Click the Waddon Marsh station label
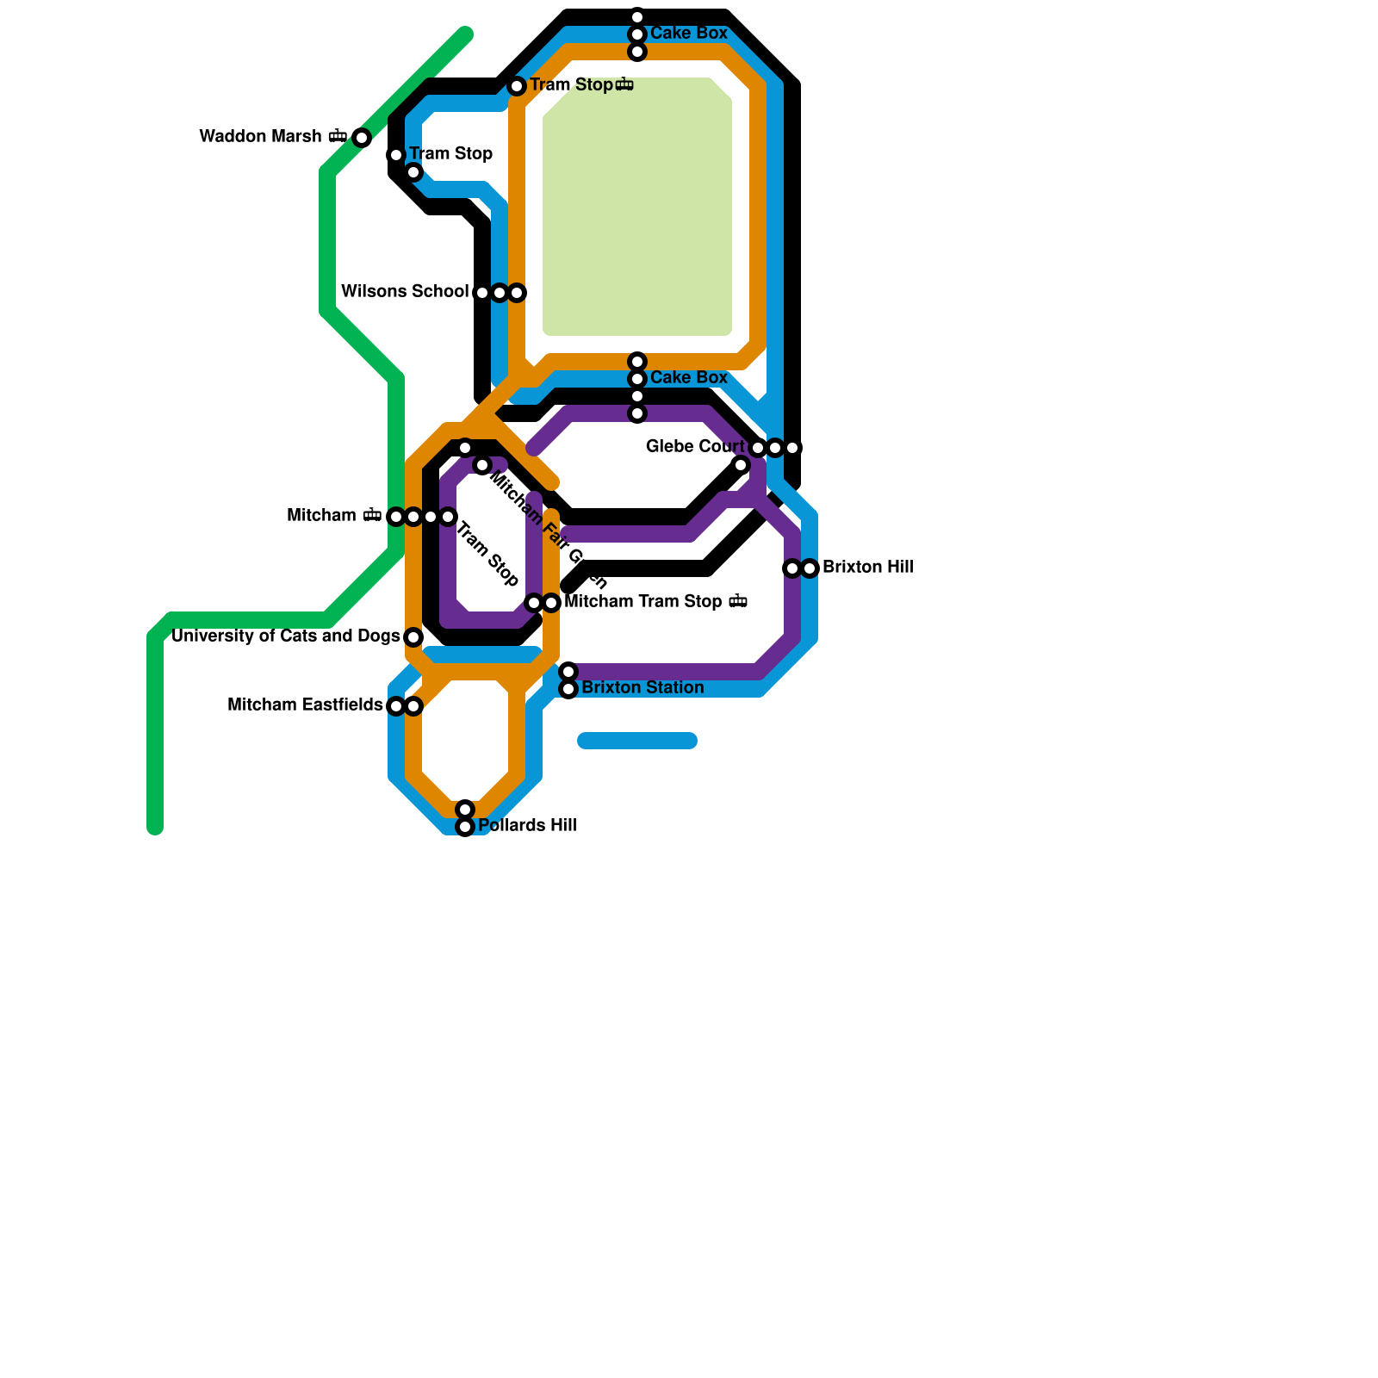(260, 137)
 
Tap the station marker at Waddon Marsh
(362, 138)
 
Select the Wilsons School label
(405, 292)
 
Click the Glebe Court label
(695, 447)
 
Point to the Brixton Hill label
(867, 568)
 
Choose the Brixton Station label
(642, 688)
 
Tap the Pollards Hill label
(527, 826)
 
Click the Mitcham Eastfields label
(305, 705)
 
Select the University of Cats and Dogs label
(286, 636)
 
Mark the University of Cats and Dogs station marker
(413, 637)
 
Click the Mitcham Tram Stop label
(643, 602)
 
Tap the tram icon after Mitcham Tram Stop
(738, 602)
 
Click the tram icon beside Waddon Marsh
(338, 137)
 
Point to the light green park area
(637, 207)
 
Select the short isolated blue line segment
(637, 741)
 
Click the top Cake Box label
(689, 34)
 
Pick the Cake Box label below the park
(689, 378)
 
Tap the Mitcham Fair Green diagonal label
(548, 527)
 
